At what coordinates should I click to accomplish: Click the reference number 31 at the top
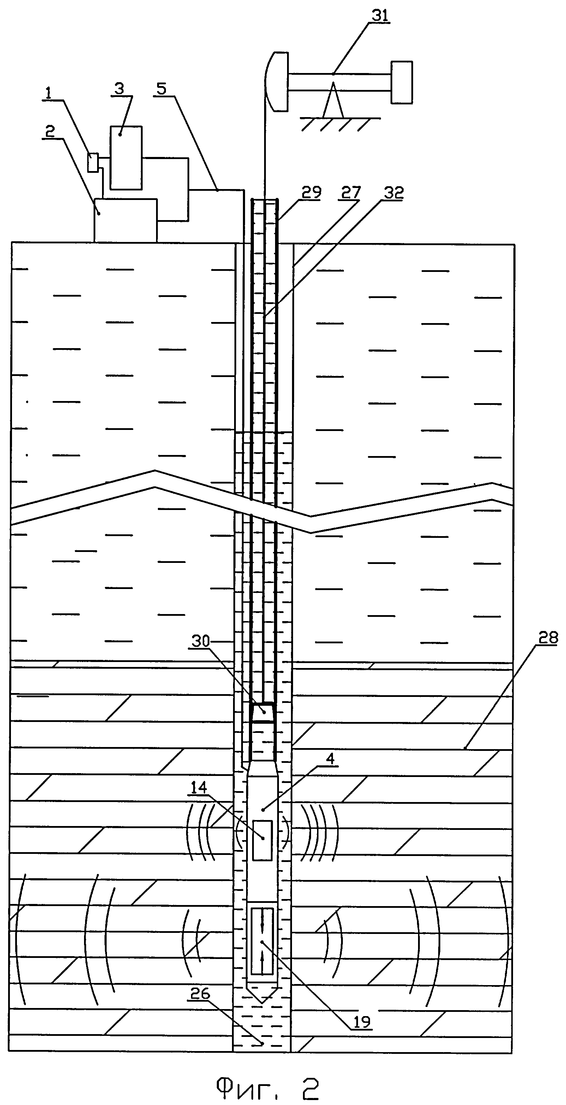click(x=380, y=16)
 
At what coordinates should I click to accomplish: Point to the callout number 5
click(x=161, y=89)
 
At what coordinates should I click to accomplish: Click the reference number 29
click(x=311, y=192)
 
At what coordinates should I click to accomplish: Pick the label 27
click(x=351, y=192)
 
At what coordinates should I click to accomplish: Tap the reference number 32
click(x=394, y=193)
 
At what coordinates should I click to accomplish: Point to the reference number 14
click(x=199, y=787)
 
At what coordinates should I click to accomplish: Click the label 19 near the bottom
click(x=362, y=1022)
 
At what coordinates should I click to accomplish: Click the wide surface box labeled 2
click(x=125, y=220)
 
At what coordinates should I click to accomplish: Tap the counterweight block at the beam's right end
click(x=401, y=83)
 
